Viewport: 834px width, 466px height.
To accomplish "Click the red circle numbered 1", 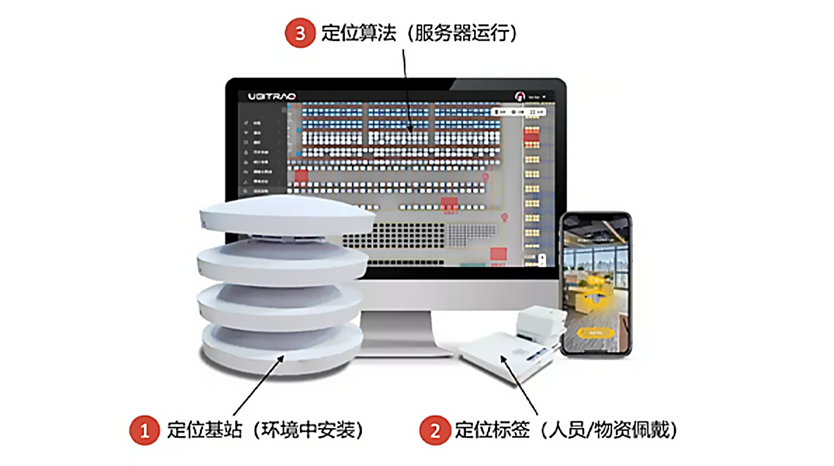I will pos(145,430).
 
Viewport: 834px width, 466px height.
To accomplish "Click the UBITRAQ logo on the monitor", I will pos(272,96).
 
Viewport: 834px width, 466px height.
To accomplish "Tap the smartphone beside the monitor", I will pos(597,284).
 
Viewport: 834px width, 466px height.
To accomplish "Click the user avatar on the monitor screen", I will pos(520,96).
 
